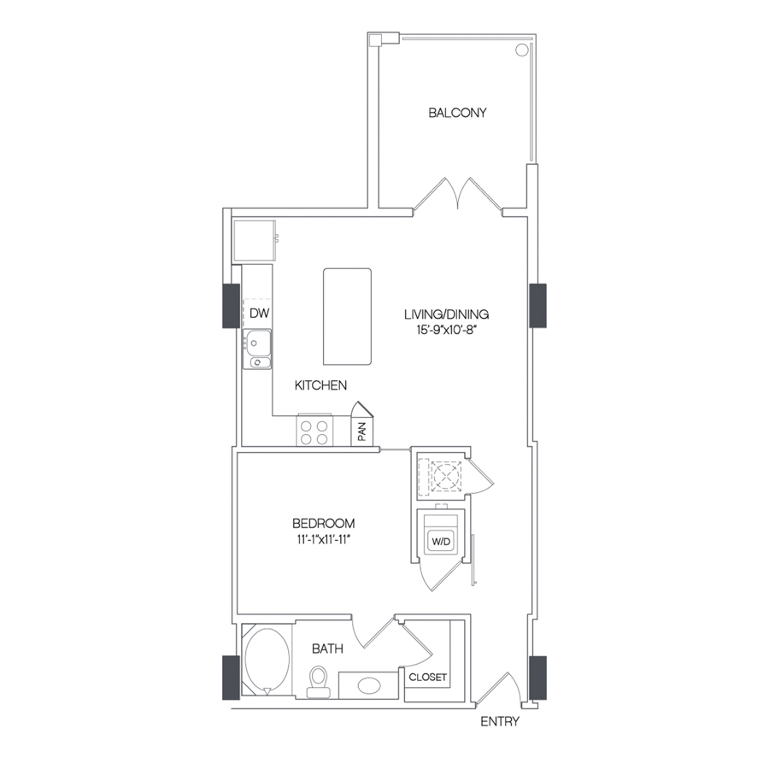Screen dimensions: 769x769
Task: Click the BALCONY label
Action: click(x=457, y=112)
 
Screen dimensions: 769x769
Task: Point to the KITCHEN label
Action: click(x=320, y=385)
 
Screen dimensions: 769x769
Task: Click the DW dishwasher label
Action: click(x=259, y=313)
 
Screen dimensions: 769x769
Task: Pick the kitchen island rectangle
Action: click(x=347, y=315)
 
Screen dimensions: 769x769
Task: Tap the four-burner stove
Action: click(x=314, y=431)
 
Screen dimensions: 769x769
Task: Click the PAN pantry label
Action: click(x=362, y=431)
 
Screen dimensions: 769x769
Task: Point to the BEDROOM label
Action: click(x=323, y=523)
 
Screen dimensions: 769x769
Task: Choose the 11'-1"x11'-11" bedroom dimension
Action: click(x=323, y=538)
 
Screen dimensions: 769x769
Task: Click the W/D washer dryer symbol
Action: click(x=440, y=540)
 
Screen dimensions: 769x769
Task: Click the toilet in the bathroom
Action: click(x=319, y=682)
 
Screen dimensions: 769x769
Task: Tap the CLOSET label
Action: click(x=428, y=678)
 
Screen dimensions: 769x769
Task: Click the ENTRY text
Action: click(x=500, y=722)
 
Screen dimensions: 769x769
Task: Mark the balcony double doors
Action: click(x=459, y=195)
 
